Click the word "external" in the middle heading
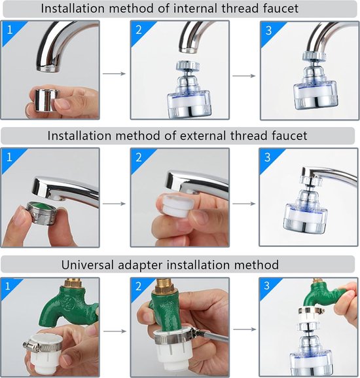pos(204,136)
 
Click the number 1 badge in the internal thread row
pos(10,30)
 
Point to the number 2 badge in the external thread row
pos(139,158)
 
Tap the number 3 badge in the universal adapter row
pos(266,286)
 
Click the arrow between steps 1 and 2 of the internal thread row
pos(115,73)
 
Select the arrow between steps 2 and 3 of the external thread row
pos(243,204)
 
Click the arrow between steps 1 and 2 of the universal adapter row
pos(115,331)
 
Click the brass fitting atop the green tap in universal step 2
pos(164,286)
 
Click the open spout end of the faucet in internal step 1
pos(48,69)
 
